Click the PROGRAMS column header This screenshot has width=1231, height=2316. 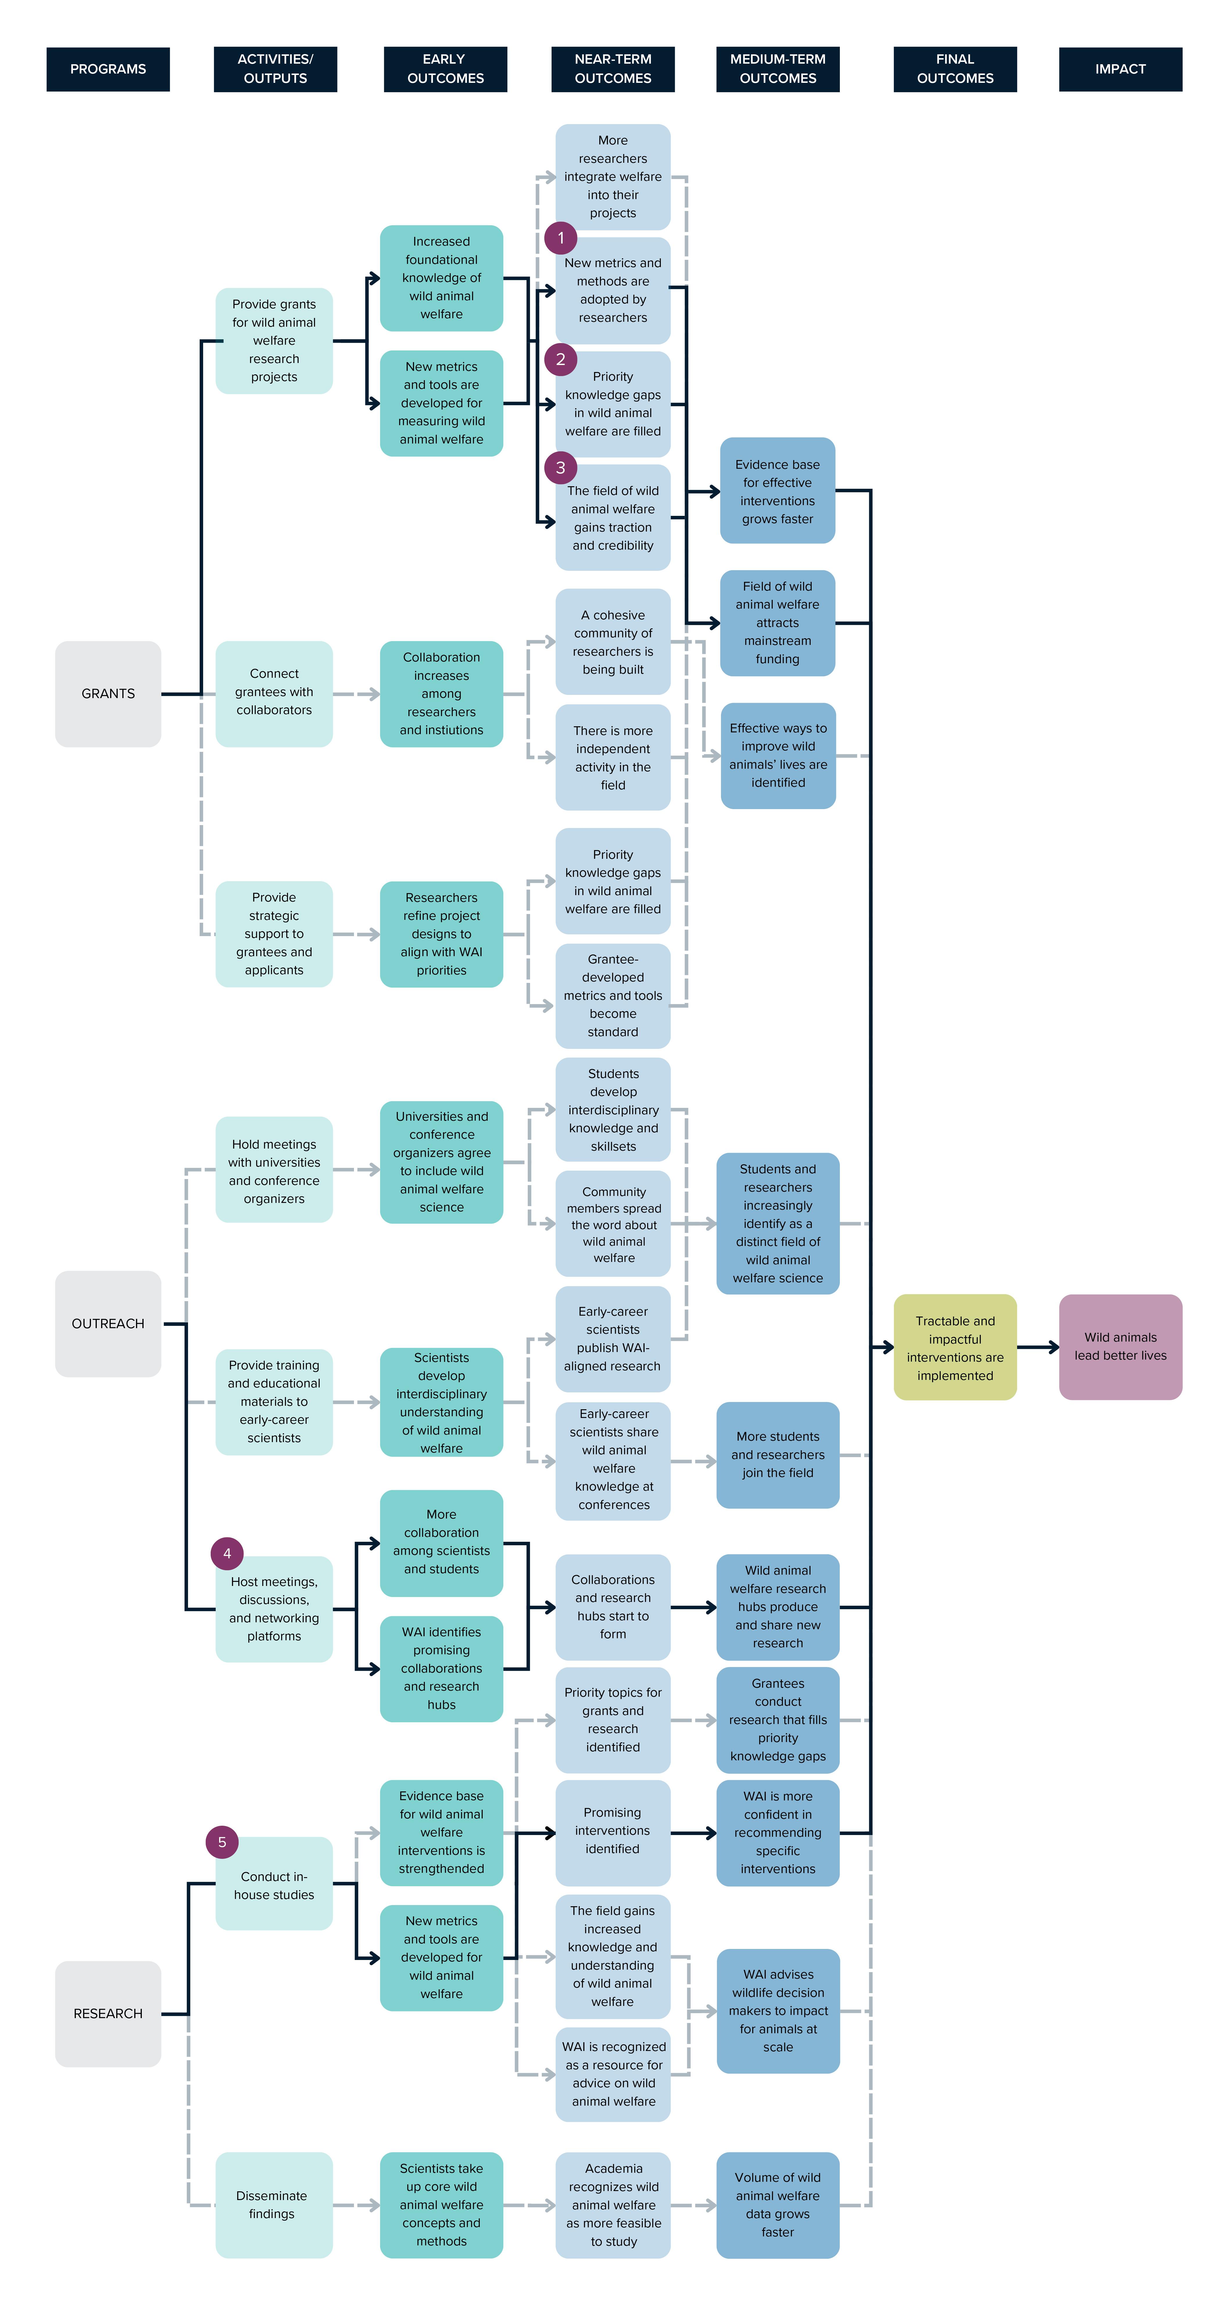point(108,69)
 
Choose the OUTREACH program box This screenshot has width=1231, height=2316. point(108,1324)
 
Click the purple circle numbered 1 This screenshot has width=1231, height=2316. point(560,238)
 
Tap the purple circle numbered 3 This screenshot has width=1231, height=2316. point(560,468)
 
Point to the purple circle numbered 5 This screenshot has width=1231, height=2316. point(222,1842)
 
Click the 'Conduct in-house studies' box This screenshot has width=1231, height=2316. point(273,1885)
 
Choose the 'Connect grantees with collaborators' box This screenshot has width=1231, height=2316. point(273,692)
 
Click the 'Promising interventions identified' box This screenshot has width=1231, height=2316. point(612,1832)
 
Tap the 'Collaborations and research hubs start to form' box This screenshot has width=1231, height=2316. point(612,1607)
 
